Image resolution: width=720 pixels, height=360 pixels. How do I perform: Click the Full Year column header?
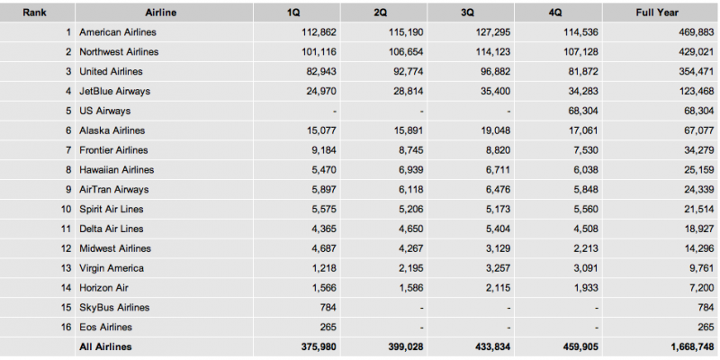pyautogui.click(x=657, y=13)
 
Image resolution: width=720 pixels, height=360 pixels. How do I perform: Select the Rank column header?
pyautogui.click(x=34, y=13)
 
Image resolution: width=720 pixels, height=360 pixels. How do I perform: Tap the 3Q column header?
pyautogui.click(x=467, y=13)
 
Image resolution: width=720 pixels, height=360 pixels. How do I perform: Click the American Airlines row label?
pyautogui.click(x=118, y=32)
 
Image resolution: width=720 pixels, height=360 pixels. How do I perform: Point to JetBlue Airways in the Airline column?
pyautogui.click(x=115, y=91)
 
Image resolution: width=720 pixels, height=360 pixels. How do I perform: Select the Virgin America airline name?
pyautogui.click(x=112, y=268)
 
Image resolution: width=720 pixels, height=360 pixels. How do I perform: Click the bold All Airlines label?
pyautogui.click(x=105, y=346)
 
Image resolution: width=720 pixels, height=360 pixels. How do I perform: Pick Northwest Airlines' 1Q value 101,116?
pyautogui.click(x=319, y=52)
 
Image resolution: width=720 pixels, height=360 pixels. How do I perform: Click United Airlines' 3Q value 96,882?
pyautogui.click(x=493, y=72)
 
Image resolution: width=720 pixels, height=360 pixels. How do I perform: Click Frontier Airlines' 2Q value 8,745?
pyautogui.click(x=410, y=150)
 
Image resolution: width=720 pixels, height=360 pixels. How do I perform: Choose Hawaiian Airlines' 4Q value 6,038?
pyautogui.click(x=586, y=170)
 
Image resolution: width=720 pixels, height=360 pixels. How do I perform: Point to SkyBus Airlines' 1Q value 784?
pyautogui.click(x=328, y=307)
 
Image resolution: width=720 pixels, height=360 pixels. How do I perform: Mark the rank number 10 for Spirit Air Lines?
pyautogui.click(x=66, y=209)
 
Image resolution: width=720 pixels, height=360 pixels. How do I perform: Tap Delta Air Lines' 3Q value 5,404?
pyautogui.click(x=498, y=229)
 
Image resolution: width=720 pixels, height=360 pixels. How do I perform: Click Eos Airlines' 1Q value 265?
pyautogui.click(x=328, y=327)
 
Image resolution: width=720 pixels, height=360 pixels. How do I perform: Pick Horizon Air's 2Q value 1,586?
pyautogui.click(x=410, y=288)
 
